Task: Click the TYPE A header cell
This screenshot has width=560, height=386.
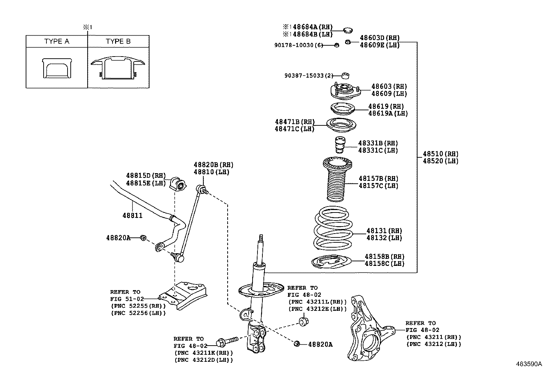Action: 57,41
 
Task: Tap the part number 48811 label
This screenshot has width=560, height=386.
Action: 132,215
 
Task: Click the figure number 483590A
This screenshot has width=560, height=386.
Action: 529,364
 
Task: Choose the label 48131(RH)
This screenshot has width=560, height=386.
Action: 384,231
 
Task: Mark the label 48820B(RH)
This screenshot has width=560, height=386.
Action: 213,165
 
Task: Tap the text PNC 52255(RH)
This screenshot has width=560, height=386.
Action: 138,306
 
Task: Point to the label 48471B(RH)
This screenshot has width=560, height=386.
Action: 295,122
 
